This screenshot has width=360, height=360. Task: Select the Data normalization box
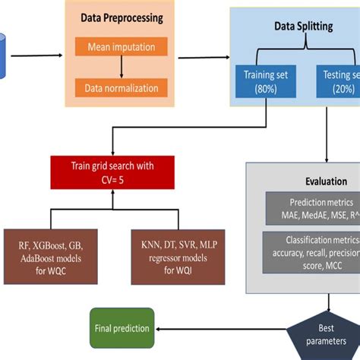click(122, 87)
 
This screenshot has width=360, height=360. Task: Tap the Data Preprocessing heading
click(121, 16)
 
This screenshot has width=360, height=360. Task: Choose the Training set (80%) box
click(265, 81)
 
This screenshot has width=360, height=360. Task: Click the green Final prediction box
click(122, 328)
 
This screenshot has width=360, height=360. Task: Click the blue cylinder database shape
click(3, 54)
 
